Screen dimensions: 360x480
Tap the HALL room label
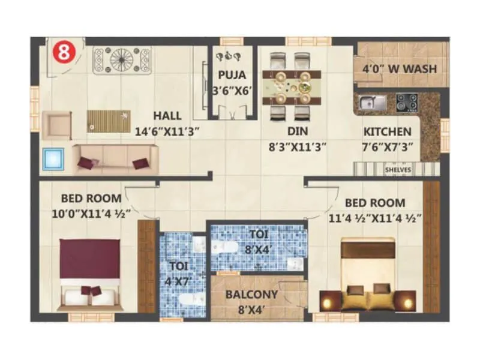(167, 115)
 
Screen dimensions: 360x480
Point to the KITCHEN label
(388, 132)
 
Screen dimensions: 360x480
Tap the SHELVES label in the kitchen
(398, 170)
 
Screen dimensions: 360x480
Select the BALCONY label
(251, 295)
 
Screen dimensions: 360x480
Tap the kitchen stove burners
(407, 103)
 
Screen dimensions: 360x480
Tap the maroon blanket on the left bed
(91, 259)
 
